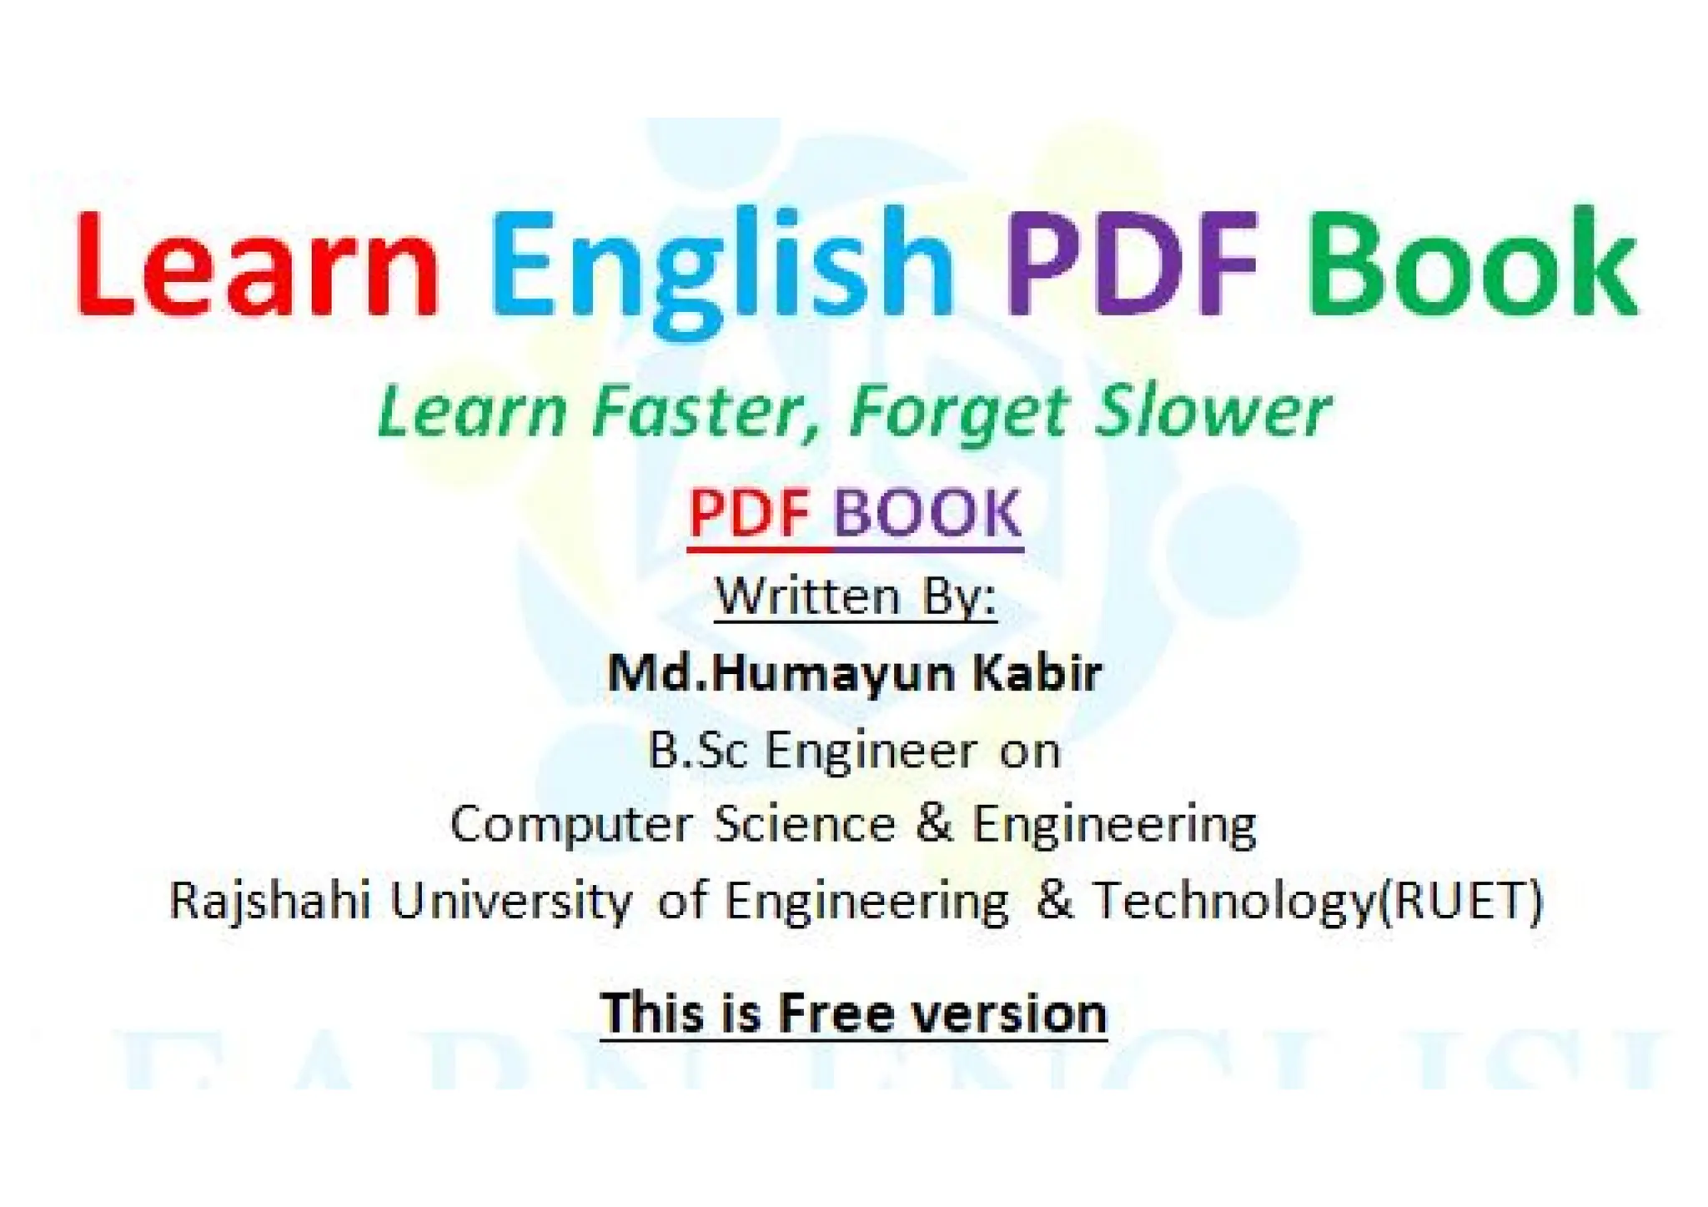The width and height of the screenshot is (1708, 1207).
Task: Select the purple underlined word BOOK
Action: click(x=927, y=514)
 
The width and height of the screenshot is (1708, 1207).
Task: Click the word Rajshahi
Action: click(x=269, y=902)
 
